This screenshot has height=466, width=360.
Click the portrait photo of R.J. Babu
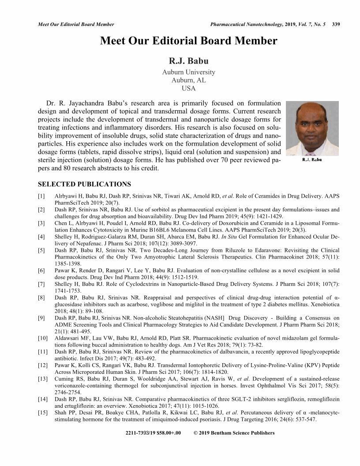point(312,128)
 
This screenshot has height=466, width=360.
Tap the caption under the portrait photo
point(312,160)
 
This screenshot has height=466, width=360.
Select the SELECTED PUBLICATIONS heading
point(84,184)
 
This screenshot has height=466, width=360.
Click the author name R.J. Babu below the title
point(188,61)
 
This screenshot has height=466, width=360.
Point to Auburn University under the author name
point(188,72)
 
